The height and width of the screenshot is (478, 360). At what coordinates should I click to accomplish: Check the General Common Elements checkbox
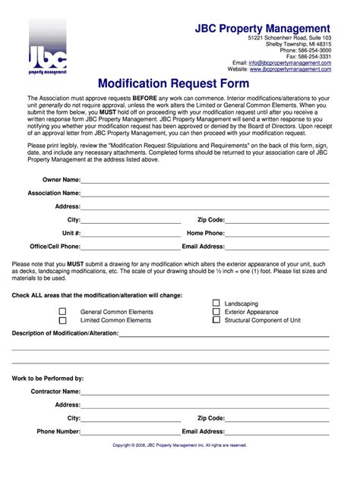pos(63,311)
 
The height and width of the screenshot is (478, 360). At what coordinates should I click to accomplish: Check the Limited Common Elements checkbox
pos(63,320)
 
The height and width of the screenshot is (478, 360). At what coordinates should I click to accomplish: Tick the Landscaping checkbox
pos(216,303)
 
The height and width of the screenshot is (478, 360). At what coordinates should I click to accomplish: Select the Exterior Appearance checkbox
pos(216,311)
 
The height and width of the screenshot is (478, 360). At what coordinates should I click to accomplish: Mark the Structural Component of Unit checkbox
pos(216,320)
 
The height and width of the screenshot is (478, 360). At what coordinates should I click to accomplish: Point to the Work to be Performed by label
pos(48,378)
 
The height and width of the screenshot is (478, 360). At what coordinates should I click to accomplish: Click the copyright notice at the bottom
pos(179,445)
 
